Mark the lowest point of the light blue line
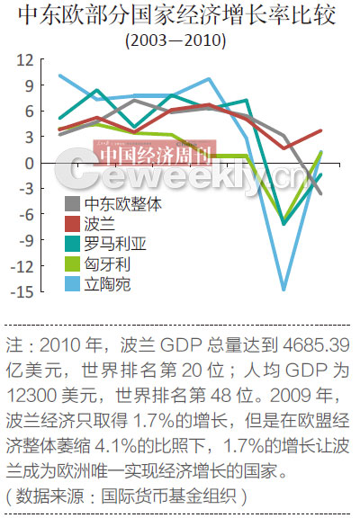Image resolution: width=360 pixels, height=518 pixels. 284,290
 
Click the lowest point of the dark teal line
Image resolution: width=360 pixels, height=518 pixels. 284,223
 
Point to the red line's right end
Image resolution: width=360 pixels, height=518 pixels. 320,131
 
